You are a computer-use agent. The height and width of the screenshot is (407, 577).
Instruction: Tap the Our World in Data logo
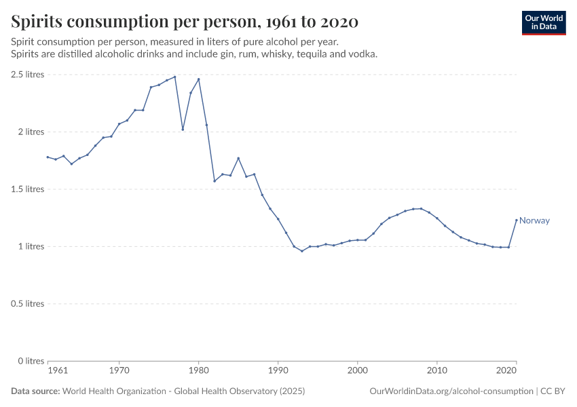click(544, 22)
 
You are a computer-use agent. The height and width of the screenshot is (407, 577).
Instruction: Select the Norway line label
click(534, 220)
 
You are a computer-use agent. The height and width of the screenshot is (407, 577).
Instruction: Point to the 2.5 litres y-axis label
click(27, 75)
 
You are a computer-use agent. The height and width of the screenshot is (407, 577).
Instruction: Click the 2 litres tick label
click(31, 132)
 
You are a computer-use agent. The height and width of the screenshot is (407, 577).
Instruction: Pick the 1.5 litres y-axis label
click(27, 189)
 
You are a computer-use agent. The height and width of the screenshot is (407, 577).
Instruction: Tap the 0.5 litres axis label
click(27, 303)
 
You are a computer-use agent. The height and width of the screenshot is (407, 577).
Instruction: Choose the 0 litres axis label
click(31, 361)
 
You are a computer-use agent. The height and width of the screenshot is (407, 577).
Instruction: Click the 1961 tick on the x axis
click(58, 372)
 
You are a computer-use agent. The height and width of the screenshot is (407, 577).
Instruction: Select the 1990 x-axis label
click(278, 372)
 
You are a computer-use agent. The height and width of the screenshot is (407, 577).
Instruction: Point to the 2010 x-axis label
click(436, 372)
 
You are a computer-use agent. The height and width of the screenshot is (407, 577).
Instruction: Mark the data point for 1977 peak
click(174, 77)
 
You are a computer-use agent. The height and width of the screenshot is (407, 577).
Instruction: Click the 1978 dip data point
click(183, 129)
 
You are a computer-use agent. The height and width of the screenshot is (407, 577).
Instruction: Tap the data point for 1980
click(198, 79)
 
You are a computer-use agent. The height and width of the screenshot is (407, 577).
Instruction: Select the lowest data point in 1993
click(302, 251)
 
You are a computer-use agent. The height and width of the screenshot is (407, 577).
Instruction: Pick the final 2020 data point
click(516, 220)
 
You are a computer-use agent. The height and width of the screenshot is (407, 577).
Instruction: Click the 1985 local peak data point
click(238, 158)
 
